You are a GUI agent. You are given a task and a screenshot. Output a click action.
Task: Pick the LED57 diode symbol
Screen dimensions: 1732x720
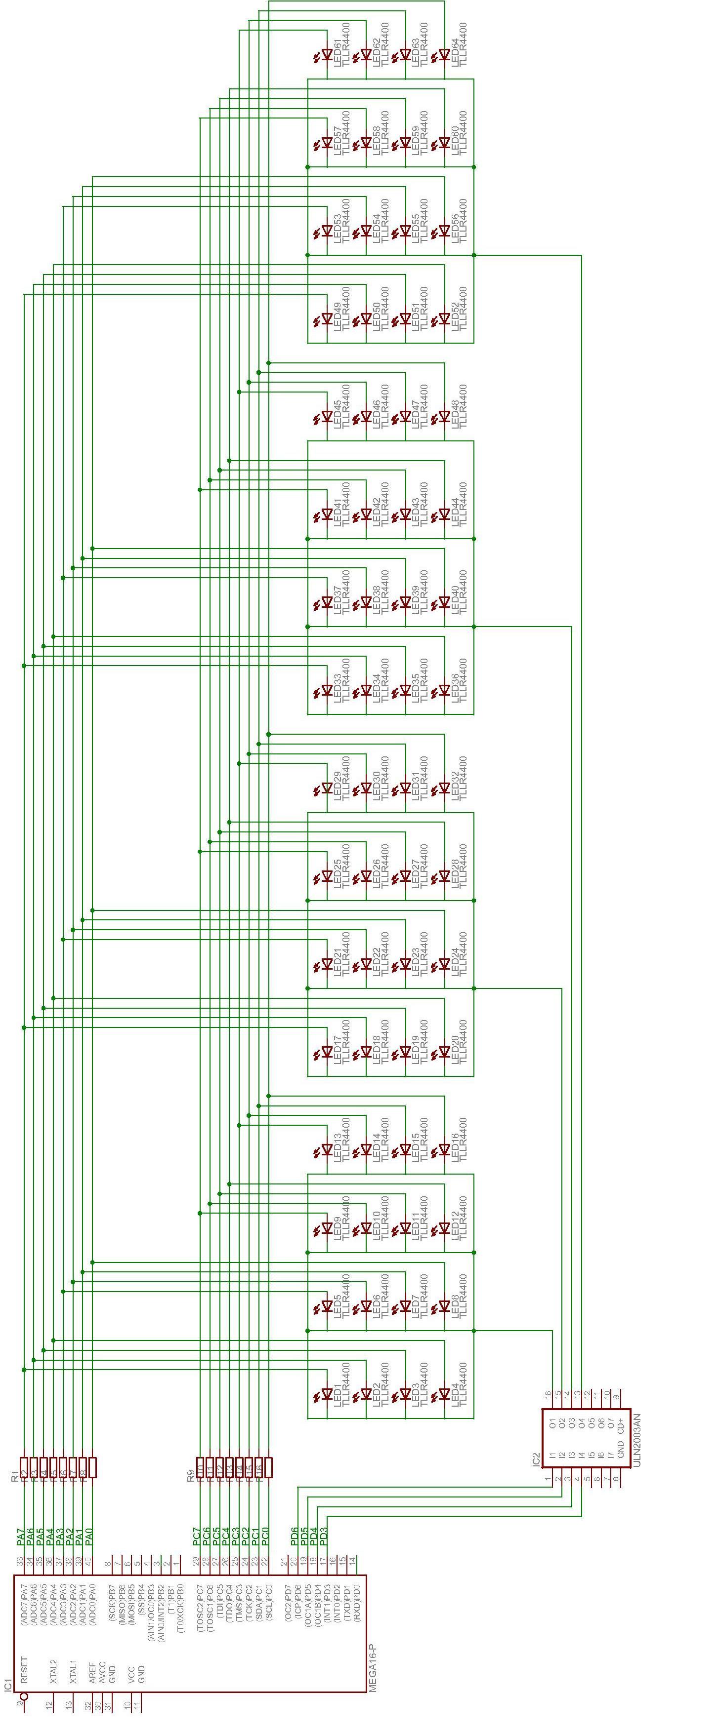click(327, 143)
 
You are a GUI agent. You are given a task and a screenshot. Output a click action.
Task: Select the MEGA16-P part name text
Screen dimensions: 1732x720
click(372, 1667)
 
